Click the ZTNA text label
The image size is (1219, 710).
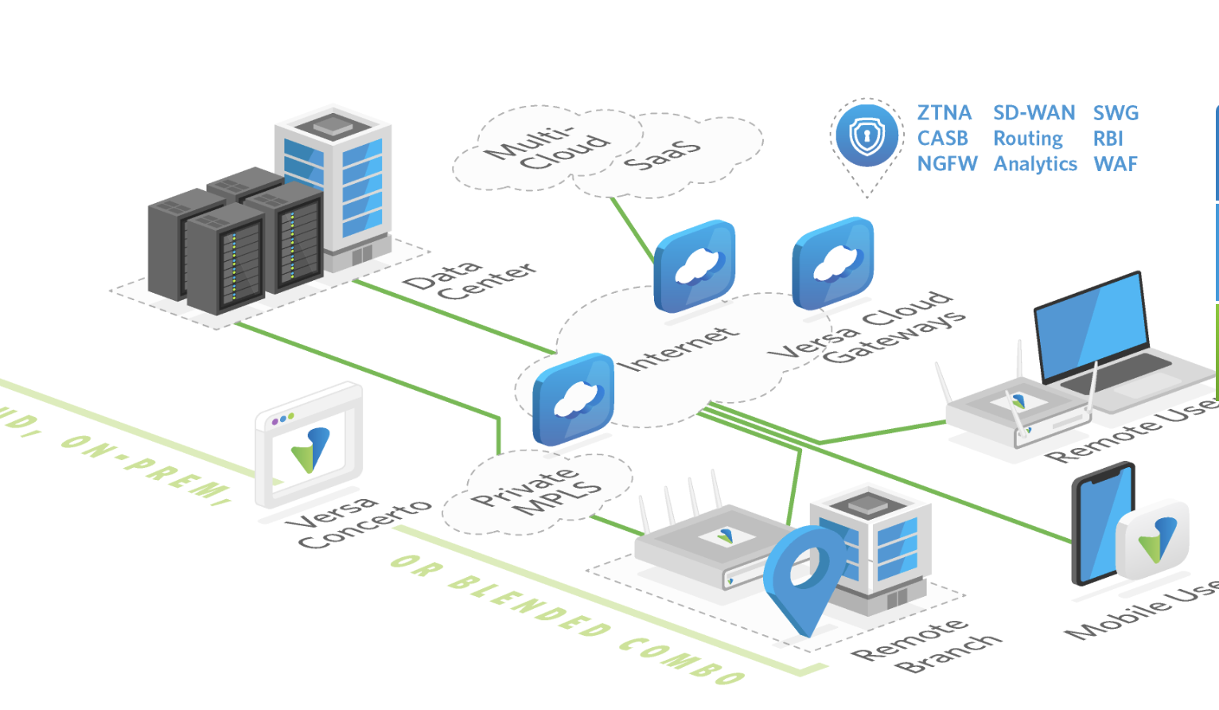[x=944, y=113]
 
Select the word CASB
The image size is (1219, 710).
[x=942, y=138]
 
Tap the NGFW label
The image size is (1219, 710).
[x=947, y=164]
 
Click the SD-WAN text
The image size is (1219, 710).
[x=1034, y=113]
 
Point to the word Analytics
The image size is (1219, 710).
[x=1035, y=164]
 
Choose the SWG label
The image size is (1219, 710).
[x=1116, y=113]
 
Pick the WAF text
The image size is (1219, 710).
[x=1116, y=164]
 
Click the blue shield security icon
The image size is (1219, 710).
[x=867, y=135]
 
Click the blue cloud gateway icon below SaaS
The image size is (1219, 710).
[x=694, y=266]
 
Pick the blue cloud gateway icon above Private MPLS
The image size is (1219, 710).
[x=573, y=399]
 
